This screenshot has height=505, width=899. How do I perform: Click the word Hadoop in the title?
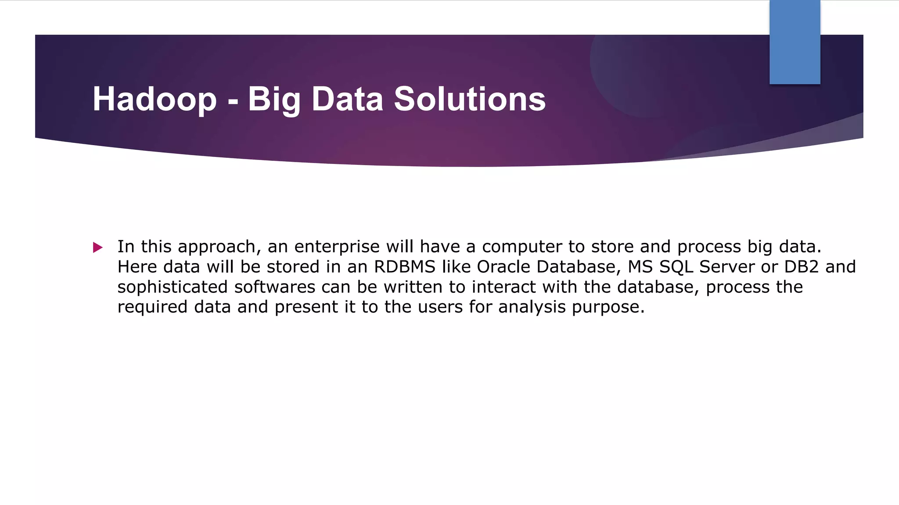point(155,99)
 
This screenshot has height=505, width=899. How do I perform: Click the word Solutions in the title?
point(469,99)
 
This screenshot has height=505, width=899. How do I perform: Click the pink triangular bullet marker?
point(98,248)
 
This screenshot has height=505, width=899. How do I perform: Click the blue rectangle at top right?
point(795,42)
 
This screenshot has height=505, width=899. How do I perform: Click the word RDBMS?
point(404,267)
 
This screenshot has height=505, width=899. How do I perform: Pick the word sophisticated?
point(173,287)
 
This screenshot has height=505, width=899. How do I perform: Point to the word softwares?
point(275,287)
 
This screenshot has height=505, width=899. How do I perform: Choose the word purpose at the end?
point(608,307)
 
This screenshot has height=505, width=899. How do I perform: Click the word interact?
point(503,287)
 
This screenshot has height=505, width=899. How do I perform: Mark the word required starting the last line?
point(152,307)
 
